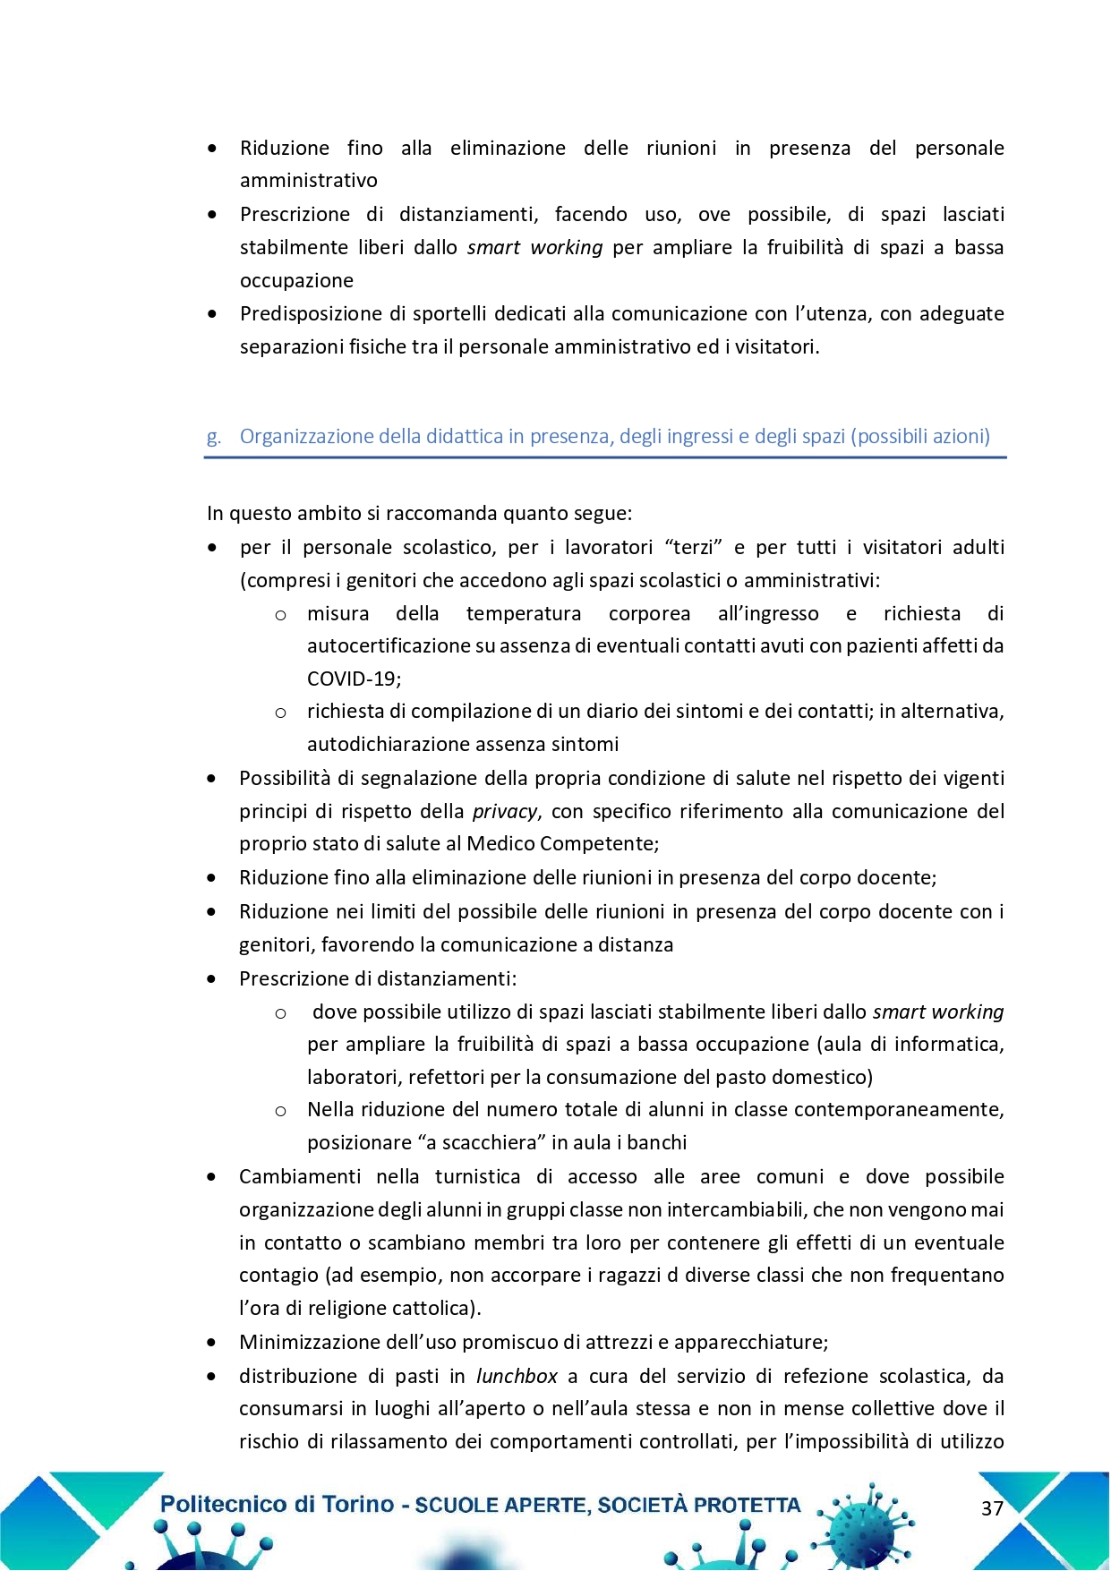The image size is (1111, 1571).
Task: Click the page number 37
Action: click(992, 1508)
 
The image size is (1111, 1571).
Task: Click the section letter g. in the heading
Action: click(213, 437)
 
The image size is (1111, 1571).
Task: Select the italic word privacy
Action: click(505, 812)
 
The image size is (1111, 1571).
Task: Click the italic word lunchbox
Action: click(517, 1376)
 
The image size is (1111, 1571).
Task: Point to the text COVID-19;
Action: click(354, 679)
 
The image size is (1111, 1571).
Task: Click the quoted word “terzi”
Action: click(694, 547)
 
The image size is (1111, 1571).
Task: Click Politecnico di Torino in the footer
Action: click(277, 1504)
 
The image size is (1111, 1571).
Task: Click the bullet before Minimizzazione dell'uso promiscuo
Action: click(211, 1343)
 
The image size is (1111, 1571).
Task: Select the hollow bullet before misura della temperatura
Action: click(280, 614)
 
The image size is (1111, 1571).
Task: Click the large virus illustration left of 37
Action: click(864, 1522)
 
